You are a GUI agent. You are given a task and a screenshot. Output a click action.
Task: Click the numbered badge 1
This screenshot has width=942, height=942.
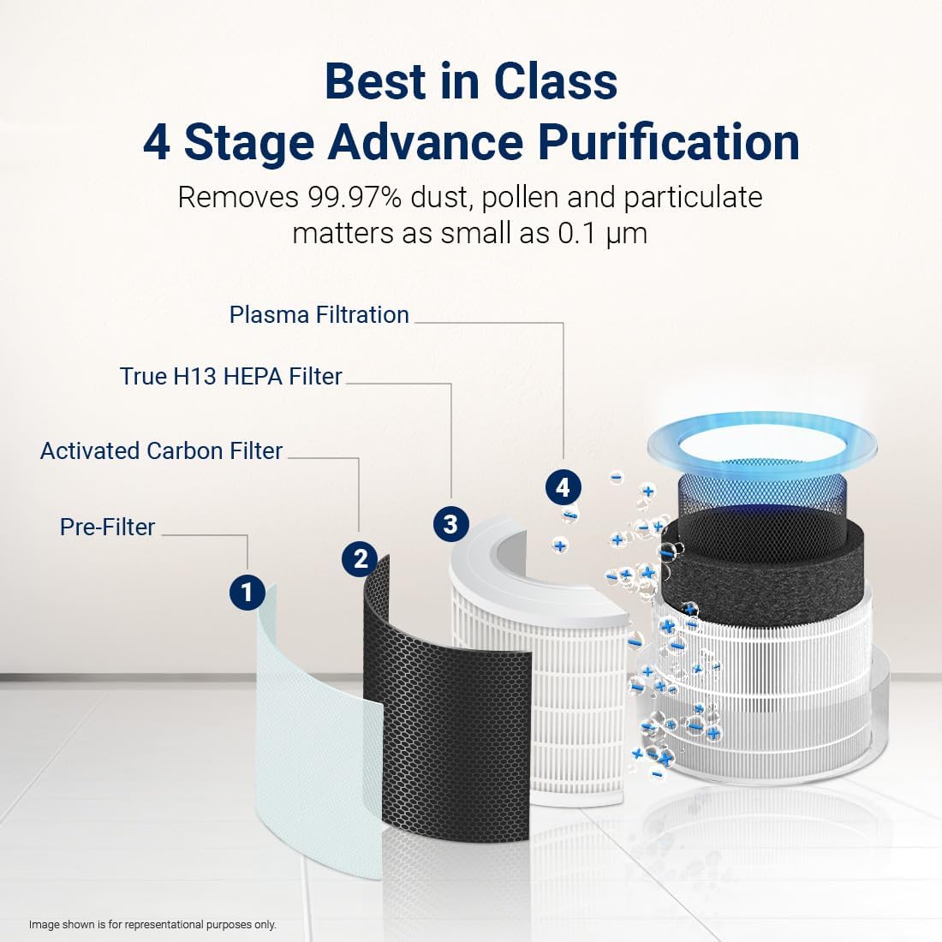[247, 593]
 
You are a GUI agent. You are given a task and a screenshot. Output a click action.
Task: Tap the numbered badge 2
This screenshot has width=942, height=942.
[360, 559]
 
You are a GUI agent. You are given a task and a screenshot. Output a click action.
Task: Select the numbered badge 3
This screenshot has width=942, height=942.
[450, 523]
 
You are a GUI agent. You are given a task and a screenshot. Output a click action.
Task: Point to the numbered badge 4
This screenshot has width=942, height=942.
[563, 487]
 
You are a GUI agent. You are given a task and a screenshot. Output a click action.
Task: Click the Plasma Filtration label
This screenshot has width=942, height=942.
[319, 315]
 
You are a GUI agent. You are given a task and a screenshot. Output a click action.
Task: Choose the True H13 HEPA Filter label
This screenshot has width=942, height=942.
[230, 377]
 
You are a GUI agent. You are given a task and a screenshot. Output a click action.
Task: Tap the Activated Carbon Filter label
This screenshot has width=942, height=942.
[161, 451]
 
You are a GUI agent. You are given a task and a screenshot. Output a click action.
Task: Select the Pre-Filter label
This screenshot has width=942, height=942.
[107, 527]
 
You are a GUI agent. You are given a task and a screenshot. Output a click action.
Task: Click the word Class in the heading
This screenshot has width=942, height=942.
[555, 82]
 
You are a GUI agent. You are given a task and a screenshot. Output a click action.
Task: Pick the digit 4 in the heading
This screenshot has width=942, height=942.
[156, 142]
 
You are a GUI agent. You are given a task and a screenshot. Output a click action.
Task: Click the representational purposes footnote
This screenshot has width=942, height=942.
[152, 925]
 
